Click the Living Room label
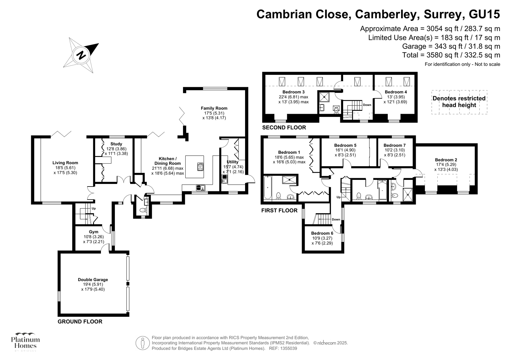[x=65, y=163]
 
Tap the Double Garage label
[x=93, y=280]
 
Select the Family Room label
[x=214, y=108]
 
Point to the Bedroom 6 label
[x=322, y=233]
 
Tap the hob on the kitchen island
[x=201, y=167]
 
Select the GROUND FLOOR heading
[x=80, y=321]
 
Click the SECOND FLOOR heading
[x=284, y=128]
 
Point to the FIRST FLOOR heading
[x=279, y=210]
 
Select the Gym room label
[x=94, y=232]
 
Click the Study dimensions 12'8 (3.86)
[x=116, y=149]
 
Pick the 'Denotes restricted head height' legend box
[x=459, y=102]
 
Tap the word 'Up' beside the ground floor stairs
[x=94, y=209]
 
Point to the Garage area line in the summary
[x=451, y=46]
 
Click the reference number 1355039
[x=288, y=349]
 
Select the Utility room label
[x=232, y=162]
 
